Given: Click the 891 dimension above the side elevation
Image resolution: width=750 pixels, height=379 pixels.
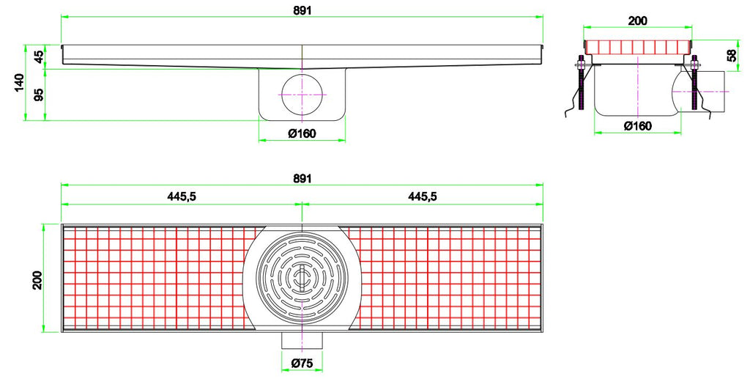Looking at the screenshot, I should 302,7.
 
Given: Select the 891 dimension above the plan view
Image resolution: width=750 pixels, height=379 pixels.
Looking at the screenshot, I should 302,179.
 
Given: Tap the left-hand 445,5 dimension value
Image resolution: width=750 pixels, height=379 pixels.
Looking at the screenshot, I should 182,196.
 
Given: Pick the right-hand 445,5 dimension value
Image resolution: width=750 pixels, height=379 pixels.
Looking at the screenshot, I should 423,196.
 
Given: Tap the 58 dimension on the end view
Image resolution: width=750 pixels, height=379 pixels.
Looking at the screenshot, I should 732,55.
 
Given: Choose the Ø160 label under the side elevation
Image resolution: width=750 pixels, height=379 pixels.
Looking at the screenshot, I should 302,133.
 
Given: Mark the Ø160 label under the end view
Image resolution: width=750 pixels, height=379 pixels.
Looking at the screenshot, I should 637,125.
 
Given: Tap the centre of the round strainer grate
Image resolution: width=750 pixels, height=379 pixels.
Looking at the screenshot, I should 302,278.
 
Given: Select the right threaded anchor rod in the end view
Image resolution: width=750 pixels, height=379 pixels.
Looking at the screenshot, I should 694,84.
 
